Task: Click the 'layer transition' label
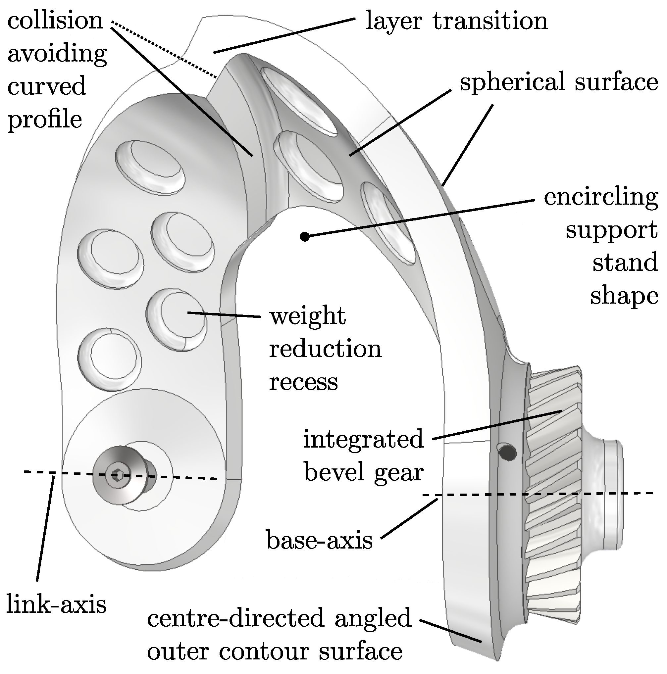pos(456,21)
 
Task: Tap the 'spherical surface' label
pos(558,82)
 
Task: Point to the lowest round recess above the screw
pos(109,359)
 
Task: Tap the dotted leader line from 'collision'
pos(164,49)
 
